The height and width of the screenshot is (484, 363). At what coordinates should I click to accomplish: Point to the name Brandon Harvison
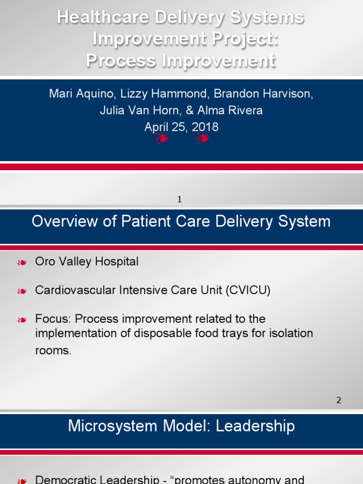pos(263,94)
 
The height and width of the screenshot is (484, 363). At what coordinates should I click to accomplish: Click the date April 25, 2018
pos(181,127)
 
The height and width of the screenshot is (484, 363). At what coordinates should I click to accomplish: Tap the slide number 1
pos(180,200)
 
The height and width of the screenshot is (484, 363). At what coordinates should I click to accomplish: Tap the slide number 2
pos(338,400)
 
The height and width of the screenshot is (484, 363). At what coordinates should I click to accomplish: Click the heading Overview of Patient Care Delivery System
pos(181,221)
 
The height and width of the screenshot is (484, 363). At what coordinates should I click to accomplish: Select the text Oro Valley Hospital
pos(87,262)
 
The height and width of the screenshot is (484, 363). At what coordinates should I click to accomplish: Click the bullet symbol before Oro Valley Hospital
pos(21,263)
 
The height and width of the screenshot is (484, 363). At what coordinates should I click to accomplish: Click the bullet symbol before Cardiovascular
pos(21,291)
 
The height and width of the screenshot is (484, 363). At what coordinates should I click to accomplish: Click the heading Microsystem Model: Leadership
pos(181,426)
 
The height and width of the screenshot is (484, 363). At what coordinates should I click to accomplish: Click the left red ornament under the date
pos(162,139)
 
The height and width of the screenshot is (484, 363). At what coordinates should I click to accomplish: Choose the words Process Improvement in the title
pos(181,61)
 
